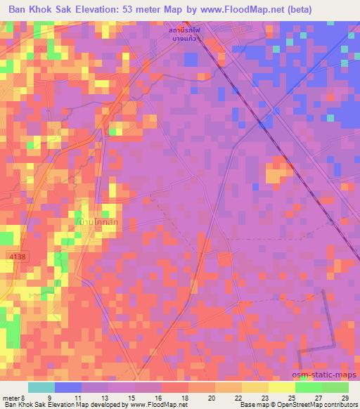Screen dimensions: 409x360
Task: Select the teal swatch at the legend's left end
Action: pyautogui.click(x=41, y=387)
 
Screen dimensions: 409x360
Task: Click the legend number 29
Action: pyautogui.click(x=345, y=397)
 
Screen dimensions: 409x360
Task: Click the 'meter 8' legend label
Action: pyautogui.click(x=14, y=397)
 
